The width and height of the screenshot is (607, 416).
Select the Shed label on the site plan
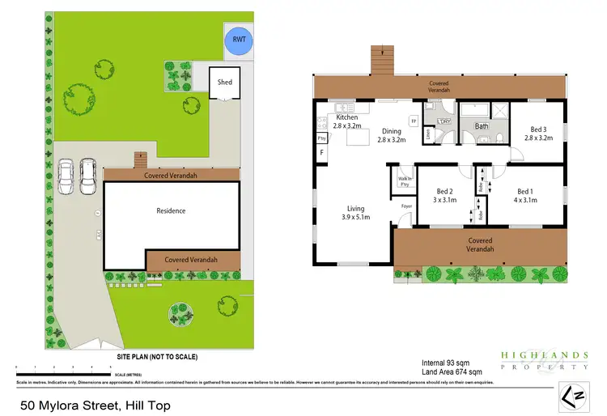[x=224, y=82]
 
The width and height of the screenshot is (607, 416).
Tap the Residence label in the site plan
[x=171, y=211]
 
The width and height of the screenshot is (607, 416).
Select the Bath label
[x=482, y=126]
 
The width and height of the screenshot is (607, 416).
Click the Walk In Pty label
[x=403, y=182]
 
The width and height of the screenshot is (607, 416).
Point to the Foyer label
[x=407, y=206]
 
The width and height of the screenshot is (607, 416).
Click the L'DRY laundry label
[x=443, y=122]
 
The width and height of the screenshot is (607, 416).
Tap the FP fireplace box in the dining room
[x=414, y=121]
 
